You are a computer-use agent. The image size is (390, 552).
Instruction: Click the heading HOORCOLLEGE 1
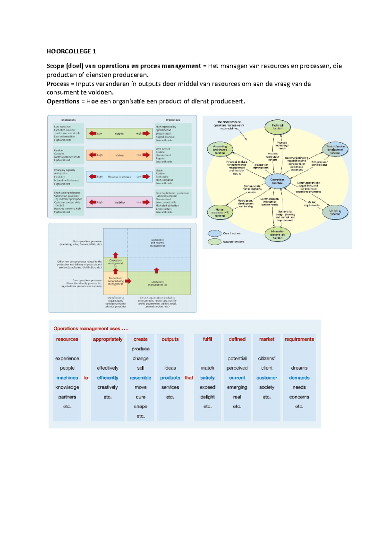point(71,51)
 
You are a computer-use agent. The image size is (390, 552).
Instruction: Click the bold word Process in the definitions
point(58,84)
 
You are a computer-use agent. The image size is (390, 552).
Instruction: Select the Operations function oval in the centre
point(277,181)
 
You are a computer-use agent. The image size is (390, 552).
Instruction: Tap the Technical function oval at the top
point(277,127)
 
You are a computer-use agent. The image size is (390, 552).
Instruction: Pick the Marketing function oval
point(335,213)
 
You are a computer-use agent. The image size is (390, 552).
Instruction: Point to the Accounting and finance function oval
point(220,150)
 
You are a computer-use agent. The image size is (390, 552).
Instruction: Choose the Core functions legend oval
point(214,233)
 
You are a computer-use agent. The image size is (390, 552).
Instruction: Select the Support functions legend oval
point(214,242)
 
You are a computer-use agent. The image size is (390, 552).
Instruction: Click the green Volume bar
point(119,134)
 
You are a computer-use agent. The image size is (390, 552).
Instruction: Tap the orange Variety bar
point(119,155)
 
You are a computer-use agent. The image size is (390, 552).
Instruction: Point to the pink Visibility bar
point(119,202)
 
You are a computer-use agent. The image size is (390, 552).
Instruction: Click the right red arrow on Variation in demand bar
point(146,177)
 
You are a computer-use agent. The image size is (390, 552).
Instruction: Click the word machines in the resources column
point(67,378)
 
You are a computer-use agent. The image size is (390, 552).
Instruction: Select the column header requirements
point(299,339)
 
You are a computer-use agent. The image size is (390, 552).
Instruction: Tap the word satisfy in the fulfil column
point(207,378)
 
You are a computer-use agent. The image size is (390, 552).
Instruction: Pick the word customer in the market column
point(266,378)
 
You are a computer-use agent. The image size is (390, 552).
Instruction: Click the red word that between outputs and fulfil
point(189,378)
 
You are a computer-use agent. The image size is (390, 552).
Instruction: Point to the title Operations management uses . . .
point(90,329)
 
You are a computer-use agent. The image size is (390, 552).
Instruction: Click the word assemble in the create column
point(140,378)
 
